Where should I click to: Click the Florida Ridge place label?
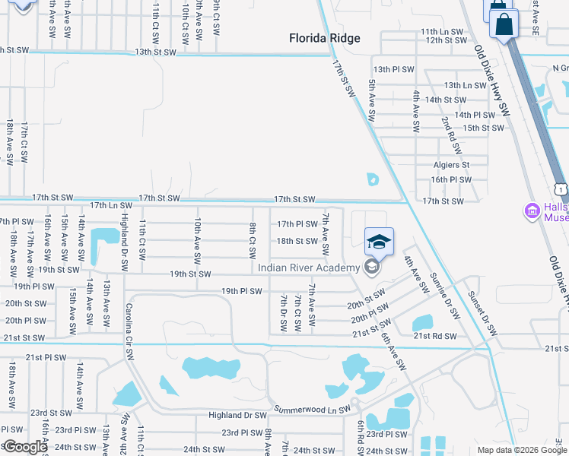(x=324, y=38)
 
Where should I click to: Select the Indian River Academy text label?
(x=308, y=268)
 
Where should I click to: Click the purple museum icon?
(x=532, y=210)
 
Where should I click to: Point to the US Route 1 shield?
(x=561, y=187)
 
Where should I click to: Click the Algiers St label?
(x=451, y=164)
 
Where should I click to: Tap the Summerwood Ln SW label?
(x=311, y=408)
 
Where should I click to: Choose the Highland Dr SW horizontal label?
(x=237, y=416)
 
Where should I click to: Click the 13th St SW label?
(x=154, y=52)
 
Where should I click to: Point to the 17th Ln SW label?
(x=110, y=205)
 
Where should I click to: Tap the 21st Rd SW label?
(x=434, y=336)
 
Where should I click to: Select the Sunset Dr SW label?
(x=482, y=312)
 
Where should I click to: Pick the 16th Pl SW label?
(x=451, y=179)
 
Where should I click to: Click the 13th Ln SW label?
(x=464, y=86)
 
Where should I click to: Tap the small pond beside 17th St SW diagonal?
(x=372, y=179)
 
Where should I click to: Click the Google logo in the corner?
(x=24, y=448)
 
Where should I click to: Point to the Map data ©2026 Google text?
(x=521, y=450)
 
